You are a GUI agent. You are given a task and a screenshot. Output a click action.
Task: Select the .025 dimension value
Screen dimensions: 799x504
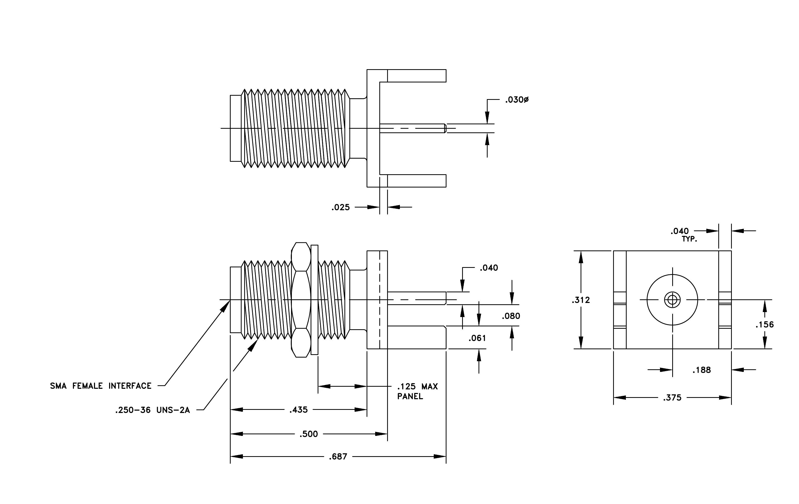pyautogui.click(x=341, y=208)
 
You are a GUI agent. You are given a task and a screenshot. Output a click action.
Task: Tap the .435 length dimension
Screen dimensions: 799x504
pyautogui.click(x=299, y=410)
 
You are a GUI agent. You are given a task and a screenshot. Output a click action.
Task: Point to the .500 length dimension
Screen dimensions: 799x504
pyautogui.click(x=309, y=434)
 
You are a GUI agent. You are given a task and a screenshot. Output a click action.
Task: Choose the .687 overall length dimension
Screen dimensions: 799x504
pyautogui.click(x=338, y=457)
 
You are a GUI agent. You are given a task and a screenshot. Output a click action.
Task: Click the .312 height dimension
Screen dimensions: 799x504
pyautogui.click(x=581, y=300)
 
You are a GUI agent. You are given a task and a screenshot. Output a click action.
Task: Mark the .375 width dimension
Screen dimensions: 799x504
pyautogui.click(x=672, y=398)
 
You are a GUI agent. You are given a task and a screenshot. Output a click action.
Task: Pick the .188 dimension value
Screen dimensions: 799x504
pyautogui.click(x=701, y=370)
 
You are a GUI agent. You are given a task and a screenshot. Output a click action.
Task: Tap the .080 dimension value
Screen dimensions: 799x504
pyautogui.click(x=511, y=316)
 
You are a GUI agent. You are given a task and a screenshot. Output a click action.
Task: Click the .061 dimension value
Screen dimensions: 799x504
pyautogui.click(x=477, y=338)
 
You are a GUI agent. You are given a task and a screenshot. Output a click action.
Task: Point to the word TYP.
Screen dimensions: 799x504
pyautogui.click(x=689, y=239)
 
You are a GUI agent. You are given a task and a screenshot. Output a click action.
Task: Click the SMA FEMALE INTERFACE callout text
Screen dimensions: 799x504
pyautogui.click(x=101, y=386)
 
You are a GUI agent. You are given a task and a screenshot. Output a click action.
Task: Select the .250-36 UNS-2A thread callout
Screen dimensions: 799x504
pyautogui.click(x=153, y=410)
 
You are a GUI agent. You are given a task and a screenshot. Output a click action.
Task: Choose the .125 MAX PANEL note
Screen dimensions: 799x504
pyautogui.click(x=417, y=391)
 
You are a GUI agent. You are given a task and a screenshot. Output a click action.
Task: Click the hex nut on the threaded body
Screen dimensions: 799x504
pyautogui.click(x=301, y=300)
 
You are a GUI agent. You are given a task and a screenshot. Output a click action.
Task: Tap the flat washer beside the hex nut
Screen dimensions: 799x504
pyautogui.click(x=314, y=300)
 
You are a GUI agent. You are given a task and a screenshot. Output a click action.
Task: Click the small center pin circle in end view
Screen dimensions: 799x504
pyautogui.click(x=672, y=300)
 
